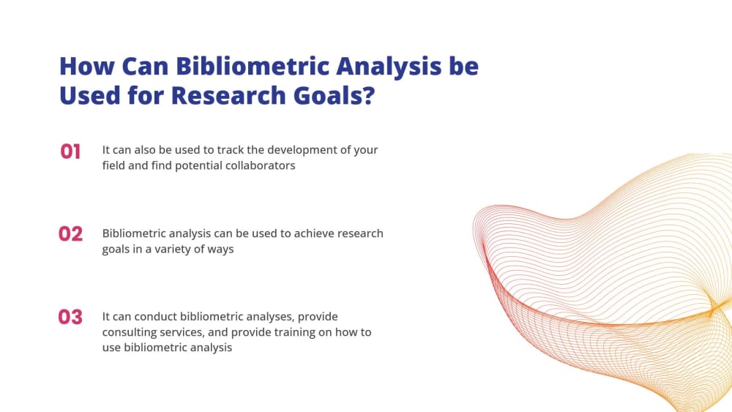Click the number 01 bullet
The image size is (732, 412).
70,151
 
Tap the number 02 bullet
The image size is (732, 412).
70,234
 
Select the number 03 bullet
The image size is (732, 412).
70,318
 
